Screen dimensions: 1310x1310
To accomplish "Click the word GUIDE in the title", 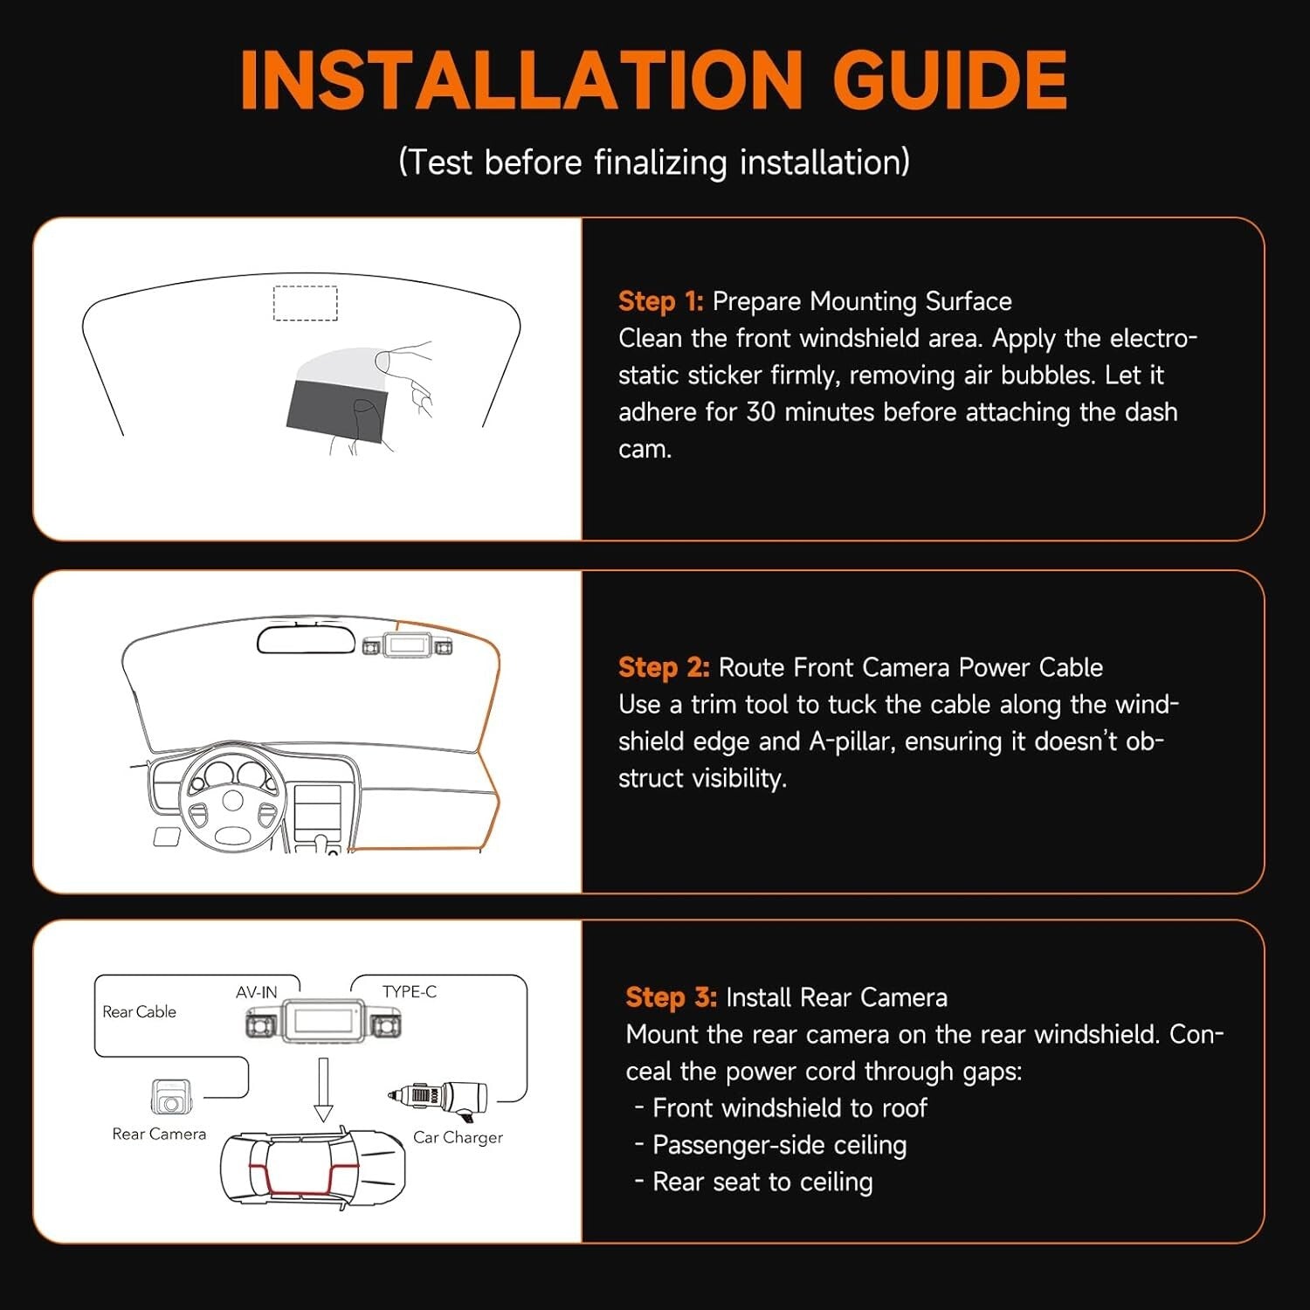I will pos(949,79).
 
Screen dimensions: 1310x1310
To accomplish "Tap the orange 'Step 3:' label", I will pos(671,997).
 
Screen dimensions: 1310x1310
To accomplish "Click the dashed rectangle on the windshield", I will pos(305,303).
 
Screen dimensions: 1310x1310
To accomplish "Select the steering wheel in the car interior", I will pos(232,799).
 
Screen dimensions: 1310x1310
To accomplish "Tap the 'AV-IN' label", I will pos(256,992).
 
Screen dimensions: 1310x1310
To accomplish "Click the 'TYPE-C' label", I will pos(409,991).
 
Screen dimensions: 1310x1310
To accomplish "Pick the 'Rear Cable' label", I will pos(139,1011).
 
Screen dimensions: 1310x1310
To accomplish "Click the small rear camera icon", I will pos(170,1097).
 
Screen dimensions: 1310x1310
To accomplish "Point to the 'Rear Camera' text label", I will pos(159,1134).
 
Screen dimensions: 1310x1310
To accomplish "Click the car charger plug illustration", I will pos(439,1097).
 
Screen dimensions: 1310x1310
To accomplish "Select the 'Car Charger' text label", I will pos(458,1137).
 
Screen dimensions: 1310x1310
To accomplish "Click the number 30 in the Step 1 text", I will pos(761,412).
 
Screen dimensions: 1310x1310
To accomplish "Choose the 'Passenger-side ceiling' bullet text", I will pos(779,1145).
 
